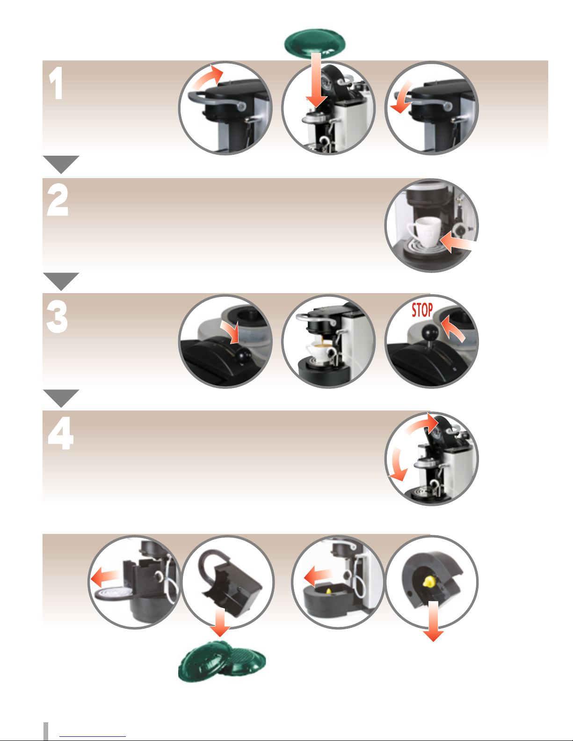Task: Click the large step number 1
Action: [56, 83]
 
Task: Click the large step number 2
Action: [58, 200]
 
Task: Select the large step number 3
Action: [57, 317]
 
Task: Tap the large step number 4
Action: [61, 433]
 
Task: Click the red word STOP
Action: [422, 310]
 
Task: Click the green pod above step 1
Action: [315, 43]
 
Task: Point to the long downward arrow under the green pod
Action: [317, 80]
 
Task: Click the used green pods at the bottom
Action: [222, 662]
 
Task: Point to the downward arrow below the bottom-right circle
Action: [433, 621]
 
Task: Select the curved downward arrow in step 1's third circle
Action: [402, 98]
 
